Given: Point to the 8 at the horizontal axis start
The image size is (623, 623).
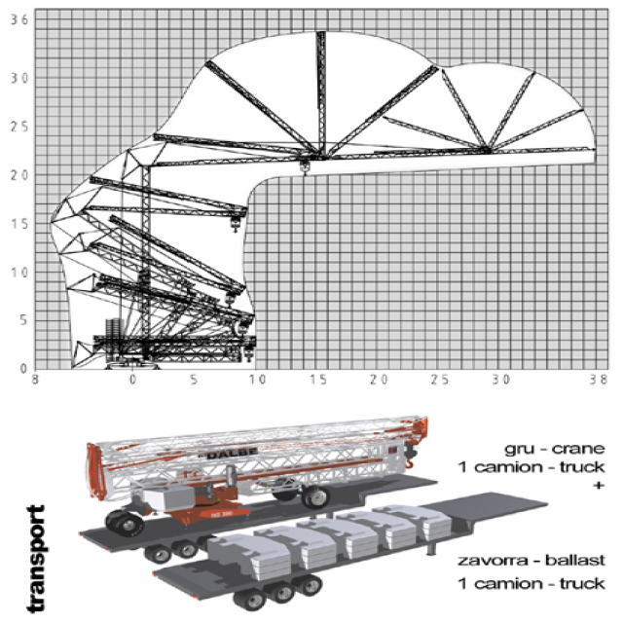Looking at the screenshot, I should pos(35,380).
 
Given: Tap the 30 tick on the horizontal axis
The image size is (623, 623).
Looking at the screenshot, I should pos(502,380).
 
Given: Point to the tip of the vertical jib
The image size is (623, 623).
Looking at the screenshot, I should pos(320,33).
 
